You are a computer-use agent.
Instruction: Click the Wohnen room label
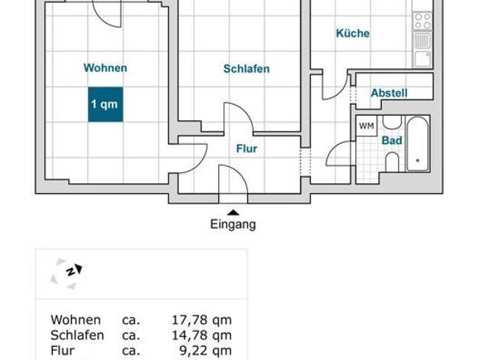click(106, 68)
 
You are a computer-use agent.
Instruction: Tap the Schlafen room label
click(246, 69)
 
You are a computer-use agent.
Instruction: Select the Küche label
click(353, 33)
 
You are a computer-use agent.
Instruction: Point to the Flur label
click(247, 149)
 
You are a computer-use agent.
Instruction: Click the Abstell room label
click(389, 93)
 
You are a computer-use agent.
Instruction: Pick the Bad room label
click(392, 141)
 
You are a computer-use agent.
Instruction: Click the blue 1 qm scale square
click(106, 105)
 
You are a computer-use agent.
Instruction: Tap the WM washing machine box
click(367, 126)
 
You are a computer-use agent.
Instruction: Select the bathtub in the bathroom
click(417, 144)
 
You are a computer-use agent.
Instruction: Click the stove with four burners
click(422, 21)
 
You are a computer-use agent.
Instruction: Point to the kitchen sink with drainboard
click(422, 50)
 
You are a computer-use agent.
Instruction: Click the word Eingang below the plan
click(233, 225)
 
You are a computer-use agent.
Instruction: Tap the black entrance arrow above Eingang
click(233, 213)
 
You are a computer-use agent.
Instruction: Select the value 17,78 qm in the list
click(201, 320)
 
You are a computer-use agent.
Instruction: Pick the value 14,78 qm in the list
click(201, 335)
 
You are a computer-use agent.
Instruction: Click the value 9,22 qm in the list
click(205, 351)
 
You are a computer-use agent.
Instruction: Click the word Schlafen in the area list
click(77, 335)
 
